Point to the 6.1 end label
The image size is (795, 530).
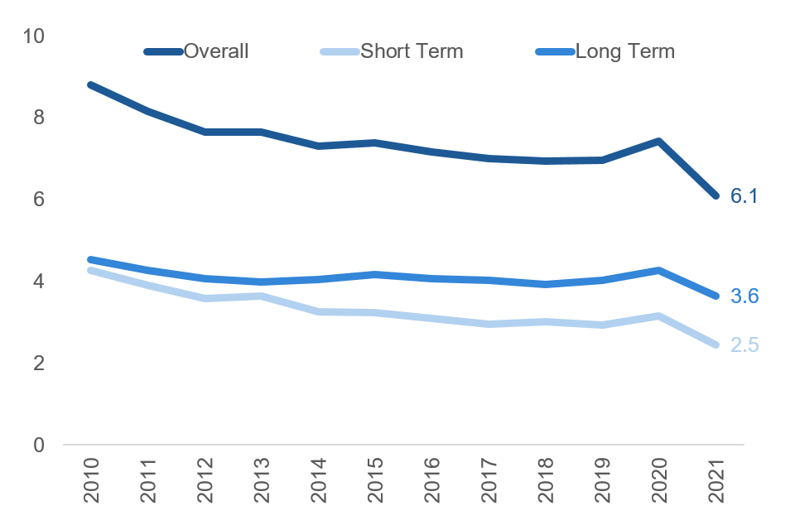pyautogui.click(x=744, y=196)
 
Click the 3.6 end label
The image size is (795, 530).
pyautogui.click(x=744, y=296)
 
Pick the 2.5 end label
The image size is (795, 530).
pyautogui.click(x=744, y=344)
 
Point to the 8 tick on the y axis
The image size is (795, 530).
pyautogui.click(x=39, y=118)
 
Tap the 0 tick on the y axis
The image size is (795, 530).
pyautogui.click(x=39, y=446)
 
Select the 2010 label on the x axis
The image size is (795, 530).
pyautogui.click(x=90, y=481)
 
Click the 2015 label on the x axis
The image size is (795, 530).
pyautogui.click(x=374, y=481)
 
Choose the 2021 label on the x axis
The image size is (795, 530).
pyautogui.click(x=715, y=481)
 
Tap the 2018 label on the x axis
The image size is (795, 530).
pyautogui.click(x=545, y=481)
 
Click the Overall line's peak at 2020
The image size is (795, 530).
pyautogui.click(x=658, y=142)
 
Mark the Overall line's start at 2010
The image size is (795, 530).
pyautogui.click(x=90, y=84)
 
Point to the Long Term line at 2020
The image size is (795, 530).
pyautogui.click(x=658, y=270)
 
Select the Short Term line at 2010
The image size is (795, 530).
pyautogui.click(x=90, y=270)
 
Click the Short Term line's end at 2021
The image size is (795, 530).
pyautogui.click(x=715, y=344)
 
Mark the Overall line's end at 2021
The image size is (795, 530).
pyautogui.click(x=715, y=195)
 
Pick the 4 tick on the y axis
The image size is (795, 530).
pyautogui.click(x=39, y=282)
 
